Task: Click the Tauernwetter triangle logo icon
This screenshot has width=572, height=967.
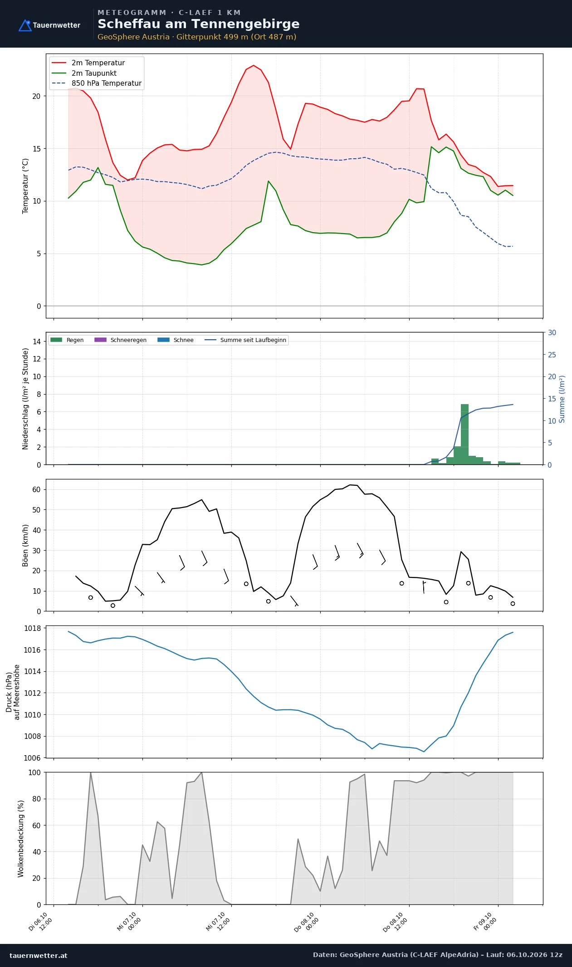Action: (x=25, y=25)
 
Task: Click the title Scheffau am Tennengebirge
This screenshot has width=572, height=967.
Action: (x=198, y=24)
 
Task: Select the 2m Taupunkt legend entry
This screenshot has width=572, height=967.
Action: (x=84, y=73)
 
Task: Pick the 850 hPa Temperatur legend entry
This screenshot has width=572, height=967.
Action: (x=97, y=83)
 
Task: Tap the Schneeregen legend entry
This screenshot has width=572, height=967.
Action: (x=120, y=340)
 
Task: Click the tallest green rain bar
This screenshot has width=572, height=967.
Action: (x=464, y=434)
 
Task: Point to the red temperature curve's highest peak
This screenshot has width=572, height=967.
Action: (x=254, y=65)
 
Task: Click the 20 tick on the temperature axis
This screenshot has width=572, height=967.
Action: (x=36, y=96)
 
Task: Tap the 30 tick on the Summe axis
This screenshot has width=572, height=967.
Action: (x=552, y=332)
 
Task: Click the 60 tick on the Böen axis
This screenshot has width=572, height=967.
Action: (x=36, y=489)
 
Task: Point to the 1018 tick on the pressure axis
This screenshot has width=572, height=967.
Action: (x=32, y=628)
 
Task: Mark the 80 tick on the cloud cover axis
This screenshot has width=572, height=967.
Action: (x=36, y=799)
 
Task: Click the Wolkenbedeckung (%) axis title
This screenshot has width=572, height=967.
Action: (x=20, y=839)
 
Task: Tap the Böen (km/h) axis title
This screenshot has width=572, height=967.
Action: (x=25, y=545)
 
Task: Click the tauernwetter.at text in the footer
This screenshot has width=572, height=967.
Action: (x=39, y=955)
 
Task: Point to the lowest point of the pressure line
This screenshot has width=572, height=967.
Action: (x=424, y=752)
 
